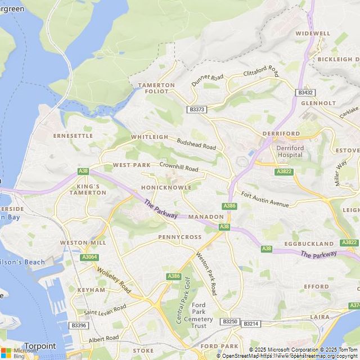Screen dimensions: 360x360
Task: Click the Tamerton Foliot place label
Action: [x=156, y=88]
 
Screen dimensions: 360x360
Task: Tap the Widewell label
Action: [x=313, y=33]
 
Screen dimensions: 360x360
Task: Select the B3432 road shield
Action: [x=305, y=92]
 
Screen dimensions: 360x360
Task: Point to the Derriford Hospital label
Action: [x=290, y=151]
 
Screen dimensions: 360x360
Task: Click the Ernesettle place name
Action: [x=73, y=136]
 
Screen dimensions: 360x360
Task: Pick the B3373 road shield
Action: [x=197, y=110]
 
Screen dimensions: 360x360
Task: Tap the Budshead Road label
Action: [x=196, y=144]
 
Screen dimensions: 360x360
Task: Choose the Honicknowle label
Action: [x=166, y=187]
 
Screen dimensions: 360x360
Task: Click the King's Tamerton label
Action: [x=88, y=189]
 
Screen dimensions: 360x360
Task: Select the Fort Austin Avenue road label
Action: [x=264, y=199]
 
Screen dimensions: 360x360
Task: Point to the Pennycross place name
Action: [x=179, y=237]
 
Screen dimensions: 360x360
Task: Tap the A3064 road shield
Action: [x=89, y=257]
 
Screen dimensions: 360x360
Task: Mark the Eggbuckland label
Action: [x=309, y=244]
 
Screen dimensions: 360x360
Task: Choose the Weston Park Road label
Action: [x=206, y=273]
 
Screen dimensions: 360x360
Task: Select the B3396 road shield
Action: [x=79, y=325]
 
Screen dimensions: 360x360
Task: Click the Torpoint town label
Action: [x=40, y=346]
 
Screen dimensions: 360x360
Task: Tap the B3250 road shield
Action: [x=230, y=322]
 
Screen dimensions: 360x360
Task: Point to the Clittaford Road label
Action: [x=261, y=71]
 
